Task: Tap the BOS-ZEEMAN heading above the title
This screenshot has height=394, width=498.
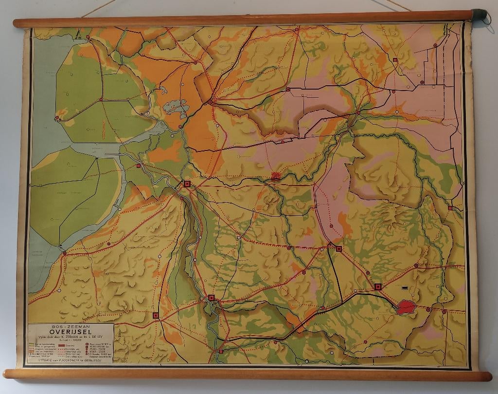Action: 71,327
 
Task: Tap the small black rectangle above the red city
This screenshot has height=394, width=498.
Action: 403,288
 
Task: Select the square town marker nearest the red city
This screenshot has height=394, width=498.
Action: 377,286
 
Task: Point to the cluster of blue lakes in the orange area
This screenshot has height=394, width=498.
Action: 175,106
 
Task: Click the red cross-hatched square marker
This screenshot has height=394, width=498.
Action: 276,176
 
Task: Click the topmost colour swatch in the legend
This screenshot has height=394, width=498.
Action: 32,344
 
